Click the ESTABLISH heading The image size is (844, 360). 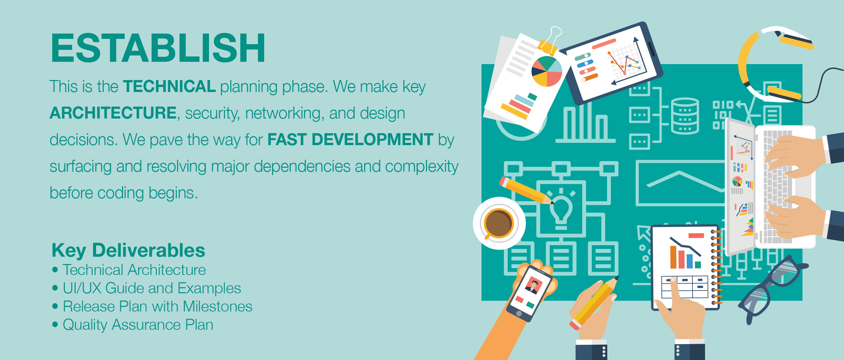[158, 48]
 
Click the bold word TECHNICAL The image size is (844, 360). [169, 86]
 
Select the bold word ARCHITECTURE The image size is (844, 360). [113, 113]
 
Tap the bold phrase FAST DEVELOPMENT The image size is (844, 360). [350, 139]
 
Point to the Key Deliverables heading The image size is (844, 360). [128, 250]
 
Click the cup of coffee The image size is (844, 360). [499, 223]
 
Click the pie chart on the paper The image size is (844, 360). [547, 71]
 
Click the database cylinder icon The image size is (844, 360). [685, 116]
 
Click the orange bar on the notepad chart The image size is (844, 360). [673, 257]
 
